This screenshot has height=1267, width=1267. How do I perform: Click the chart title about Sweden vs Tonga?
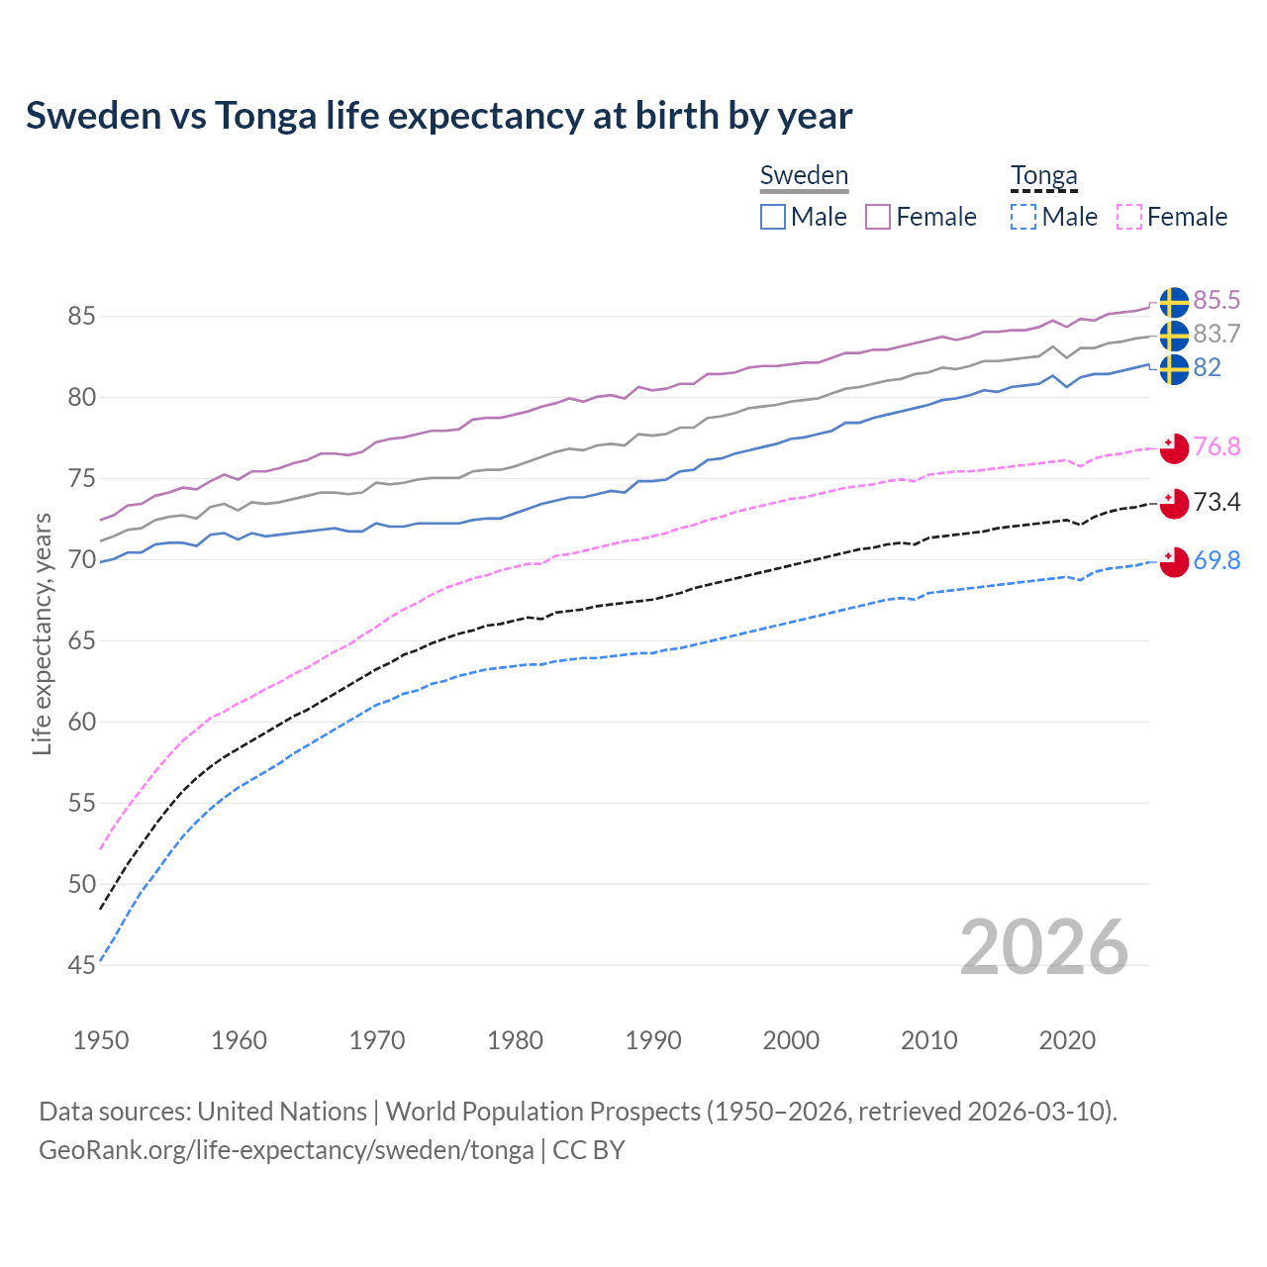coord(439,116)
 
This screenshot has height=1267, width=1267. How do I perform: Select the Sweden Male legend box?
coord(773,217)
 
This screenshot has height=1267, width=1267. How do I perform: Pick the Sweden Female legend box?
coord(878,217)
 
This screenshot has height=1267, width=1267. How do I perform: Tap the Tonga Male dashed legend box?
coord(1023,217)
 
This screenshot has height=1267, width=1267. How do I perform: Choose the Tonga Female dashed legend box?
coord(1129,217)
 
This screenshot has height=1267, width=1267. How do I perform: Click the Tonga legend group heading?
coord(1043,176)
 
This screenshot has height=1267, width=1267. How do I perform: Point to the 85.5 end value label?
coord(1217,301)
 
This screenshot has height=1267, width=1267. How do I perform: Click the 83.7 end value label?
coord(1217,335)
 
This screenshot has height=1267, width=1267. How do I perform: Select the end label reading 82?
coord(1207,368)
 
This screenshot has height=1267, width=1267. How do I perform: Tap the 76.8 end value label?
coord(1217,446)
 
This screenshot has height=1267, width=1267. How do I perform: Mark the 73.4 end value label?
coord(1217,502)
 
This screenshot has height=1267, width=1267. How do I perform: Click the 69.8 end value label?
coord(1217,560)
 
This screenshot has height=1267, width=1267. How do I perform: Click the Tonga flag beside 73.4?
coord(1173,503)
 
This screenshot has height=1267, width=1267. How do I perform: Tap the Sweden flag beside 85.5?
coord(1173,302)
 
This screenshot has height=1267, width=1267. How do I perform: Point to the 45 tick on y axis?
coord(81,965)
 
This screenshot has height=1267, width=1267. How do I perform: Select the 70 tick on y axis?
coord(81,560)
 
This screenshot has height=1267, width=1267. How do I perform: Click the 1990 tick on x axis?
coord(653,1040)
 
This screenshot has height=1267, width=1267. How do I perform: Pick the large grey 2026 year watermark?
coord(1043,947)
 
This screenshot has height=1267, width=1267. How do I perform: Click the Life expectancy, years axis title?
coord(43,633)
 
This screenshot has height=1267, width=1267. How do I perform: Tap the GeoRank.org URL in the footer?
coord(286,1150)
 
